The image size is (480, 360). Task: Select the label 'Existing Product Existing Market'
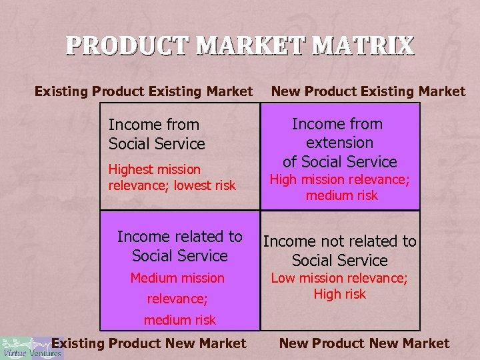[x=143, y=91]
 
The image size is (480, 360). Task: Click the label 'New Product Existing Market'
[x=367, y=91]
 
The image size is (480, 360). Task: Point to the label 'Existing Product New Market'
[x=149, y=343]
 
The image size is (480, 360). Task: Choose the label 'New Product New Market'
[x=364, y=343]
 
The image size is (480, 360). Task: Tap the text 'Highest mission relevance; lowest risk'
[x=172, y=177]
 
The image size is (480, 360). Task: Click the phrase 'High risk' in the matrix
[x=340, y=294]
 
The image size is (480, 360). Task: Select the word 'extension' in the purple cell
[x=339, y=143]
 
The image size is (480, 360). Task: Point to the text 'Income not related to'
[x=340, y=241]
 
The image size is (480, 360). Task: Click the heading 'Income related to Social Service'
[x=180, y=246]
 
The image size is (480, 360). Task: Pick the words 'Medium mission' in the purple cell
[x=177, y=278]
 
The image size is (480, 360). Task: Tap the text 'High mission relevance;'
[x=339, y=179]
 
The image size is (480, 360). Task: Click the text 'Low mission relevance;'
[x=339, y=278]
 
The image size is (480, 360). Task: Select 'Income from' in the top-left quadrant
[x=153, y=125]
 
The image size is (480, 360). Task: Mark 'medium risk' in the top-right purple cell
[x=341, y=195]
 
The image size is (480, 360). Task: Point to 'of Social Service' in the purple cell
[x=339, y=161]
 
